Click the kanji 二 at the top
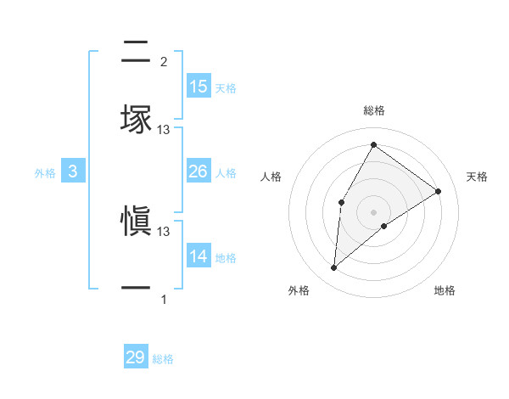(136, 50)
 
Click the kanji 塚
(136, 120)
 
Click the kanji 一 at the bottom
(136, 289)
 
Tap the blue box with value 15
(199, 87)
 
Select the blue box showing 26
(199, 171)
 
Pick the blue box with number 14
(199, 256)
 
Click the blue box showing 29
(136, 357)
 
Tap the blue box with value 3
(73, 171)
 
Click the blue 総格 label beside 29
(163, 359)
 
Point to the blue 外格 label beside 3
(45, 172)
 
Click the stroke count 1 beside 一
(164, 300)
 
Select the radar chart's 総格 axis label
(373, 110)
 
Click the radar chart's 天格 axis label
(477, 177)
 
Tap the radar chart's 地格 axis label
(445, 290)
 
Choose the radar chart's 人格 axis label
(271, 177)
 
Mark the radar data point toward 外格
(333, 268)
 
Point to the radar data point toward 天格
(438, 191)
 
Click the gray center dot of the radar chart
(373, 211)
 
